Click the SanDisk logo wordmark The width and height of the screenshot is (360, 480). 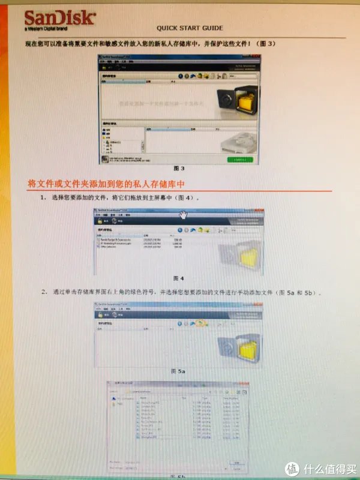[59, 18]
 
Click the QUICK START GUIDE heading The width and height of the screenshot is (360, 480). [190, 28]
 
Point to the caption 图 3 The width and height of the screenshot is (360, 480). [178, 168]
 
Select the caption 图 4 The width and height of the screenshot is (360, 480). [178, 278]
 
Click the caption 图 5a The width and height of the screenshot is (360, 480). [178, 371]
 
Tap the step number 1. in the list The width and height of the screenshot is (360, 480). [44, 197]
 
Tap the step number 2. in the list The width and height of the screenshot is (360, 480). [44, 293]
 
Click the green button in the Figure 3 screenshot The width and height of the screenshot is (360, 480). [240, 160]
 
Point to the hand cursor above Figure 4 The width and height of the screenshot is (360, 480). [183, 215]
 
